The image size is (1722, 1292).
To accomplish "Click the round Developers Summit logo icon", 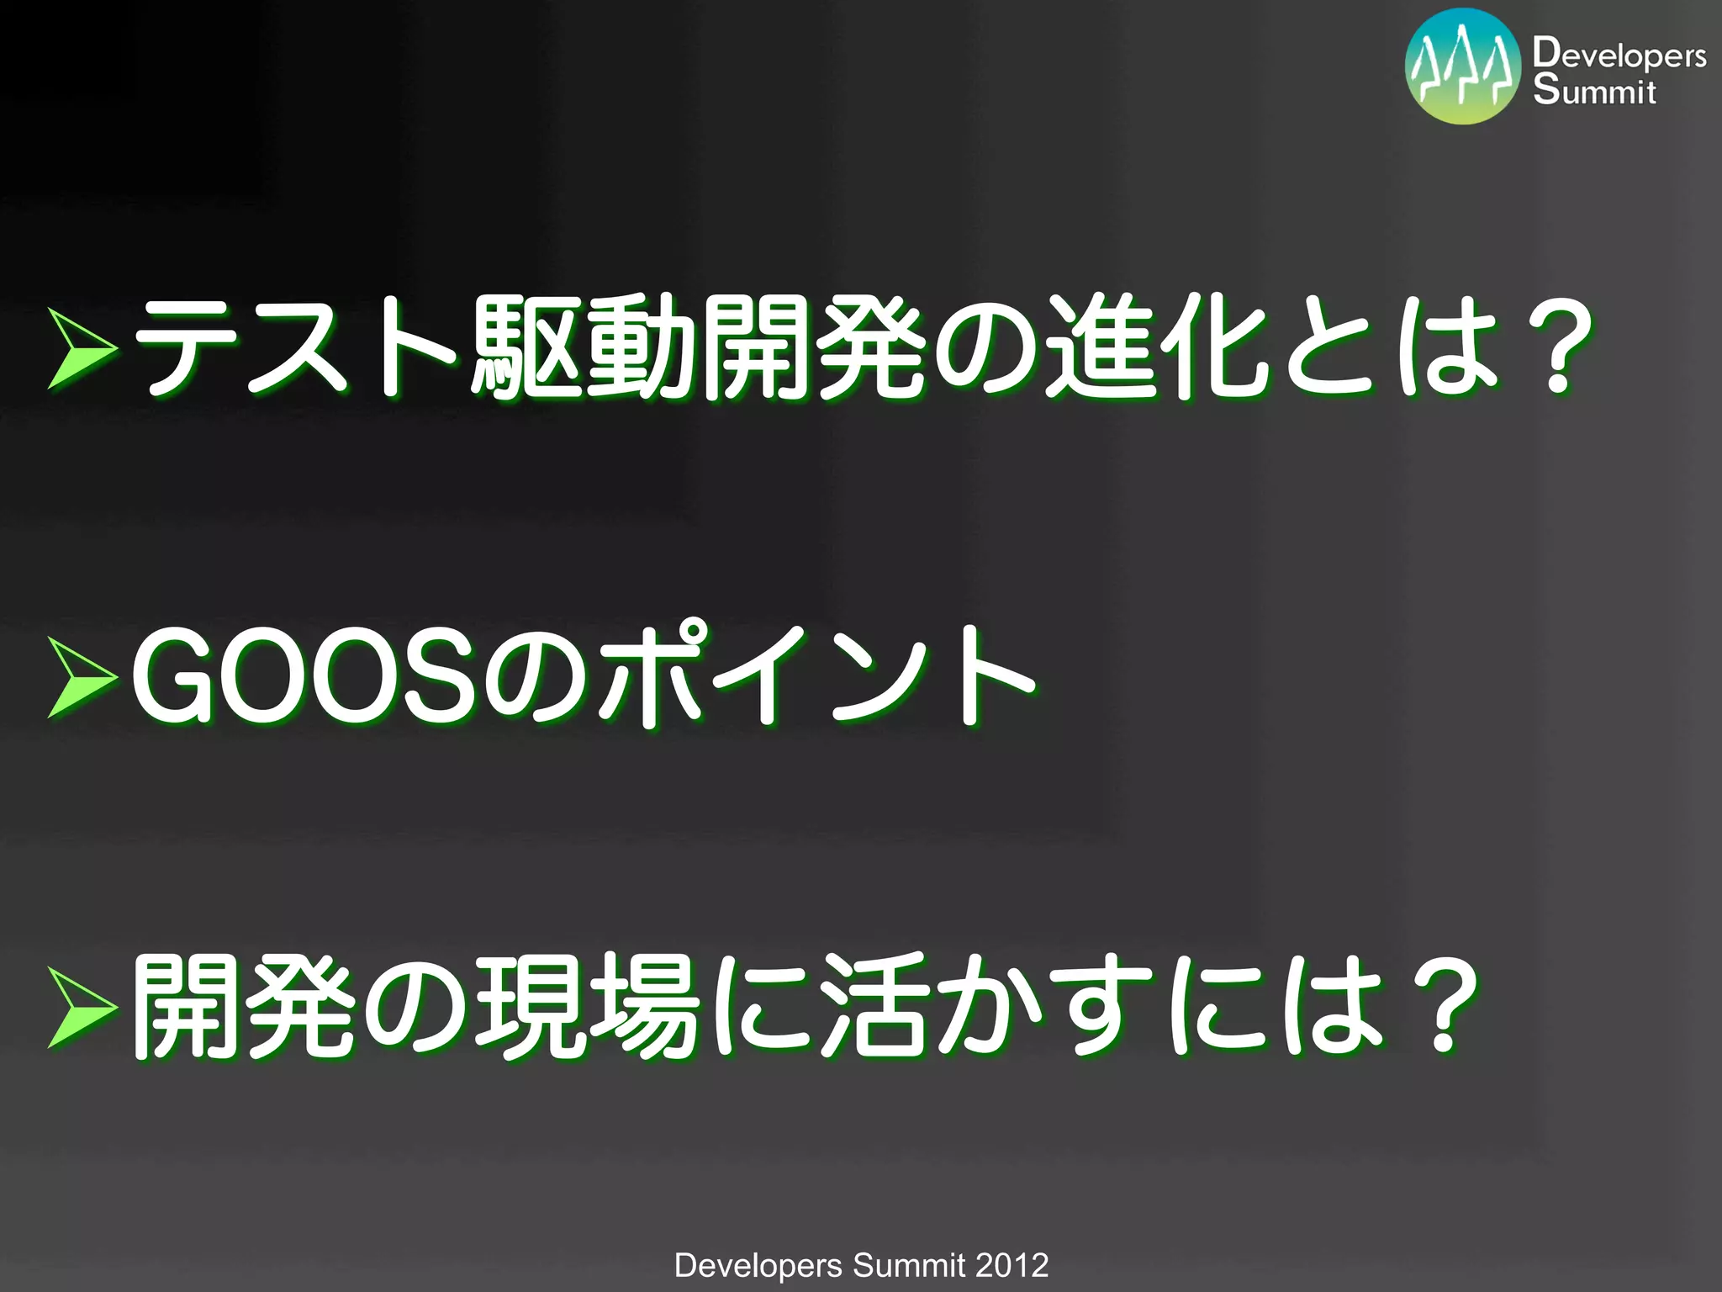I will tap(1463, 66).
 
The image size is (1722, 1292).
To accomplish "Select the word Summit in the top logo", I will tap(1594, 90).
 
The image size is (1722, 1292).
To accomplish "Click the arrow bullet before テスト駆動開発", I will tap(82, 348).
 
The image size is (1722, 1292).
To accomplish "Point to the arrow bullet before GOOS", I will tap(82, 677).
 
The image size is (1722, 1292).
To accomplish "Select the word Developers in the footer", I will tap(758, 1265).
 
